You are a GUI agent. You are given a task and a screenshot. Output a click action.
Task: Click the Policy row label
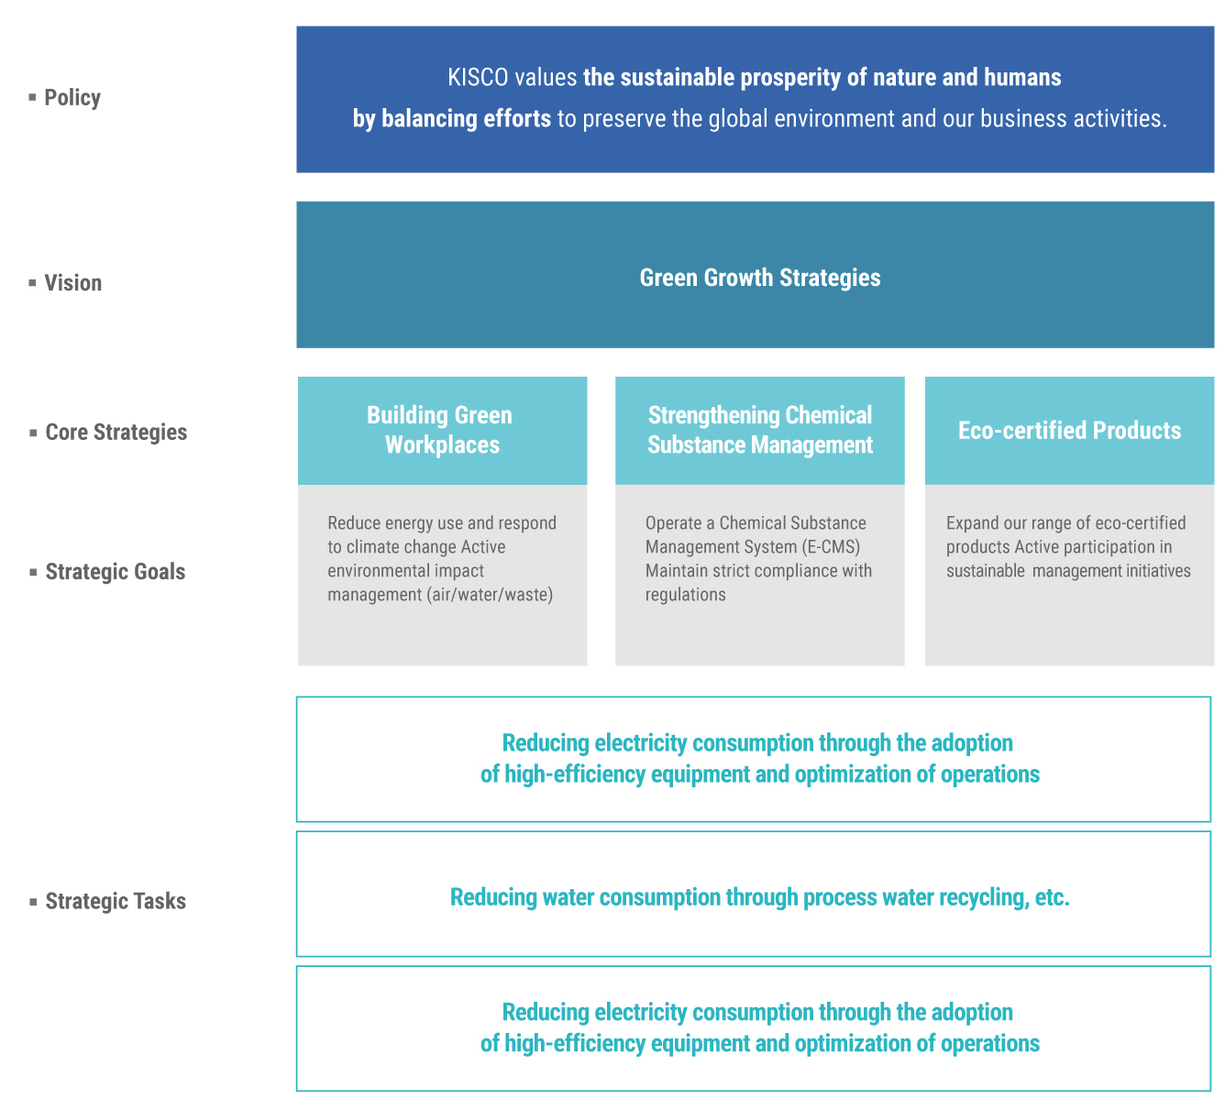pos(72,98)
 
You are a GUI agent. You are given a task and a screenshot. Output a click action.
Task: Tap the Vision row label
pos(72,282)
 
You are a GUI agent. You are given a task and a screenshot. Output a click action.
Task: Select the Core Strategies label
pos(116,432)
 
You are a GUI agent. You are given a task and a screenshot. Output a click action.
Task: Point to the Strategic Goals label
pos(116,572)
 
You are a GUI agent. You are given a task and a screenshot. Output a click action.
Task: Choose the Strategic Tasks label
pos(116,901)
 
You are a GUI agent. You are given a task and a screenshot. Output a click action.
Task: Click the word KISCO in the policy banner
pos(478,78)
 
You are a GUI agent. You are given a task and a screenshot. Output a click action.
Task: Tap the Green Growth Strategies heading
pos(760,278)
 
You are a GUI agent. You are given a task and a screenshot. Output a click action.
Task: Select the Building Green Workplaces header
pos(442,430)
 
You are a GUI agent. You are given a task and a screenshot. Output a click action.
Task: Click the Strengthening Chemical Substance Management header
pos(760,430)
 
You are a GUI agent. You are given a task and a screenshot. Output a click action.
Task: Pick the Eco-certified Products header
pos(1069,431)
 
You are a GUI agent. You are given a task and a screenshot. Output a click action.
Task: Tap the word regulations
pos(685,595)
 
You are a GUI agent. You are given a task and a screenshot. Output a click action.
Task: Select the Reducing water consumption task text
pos(760,897)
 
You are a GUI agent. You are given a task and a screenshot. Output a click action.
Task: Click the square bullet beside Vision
pos(32,282)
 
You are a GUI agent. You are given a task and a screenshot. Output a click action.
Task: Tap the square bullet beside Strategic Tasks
pos(33,901)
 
